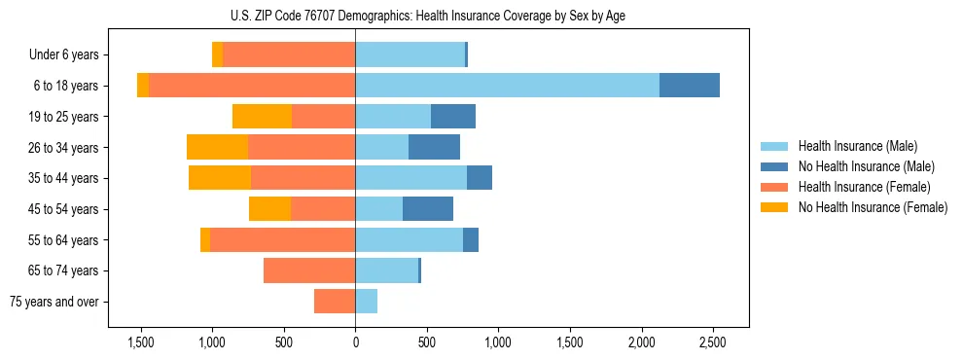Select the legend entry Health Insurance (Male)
[x=857, y=146]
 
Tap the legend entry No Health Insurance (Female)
[x=871, y=207]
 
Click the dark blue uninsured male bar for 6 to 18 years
[x=689, y=86]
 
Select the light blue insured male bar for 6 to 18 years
[x=507, y=86]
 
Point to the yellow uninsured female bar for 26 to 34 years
[x=217, y=147]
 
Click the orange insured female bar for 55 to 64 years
[x=282, y=239]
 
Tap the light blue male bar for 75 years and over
[x=366, y=302]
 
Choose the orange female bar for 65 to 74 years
[x=309, y=270]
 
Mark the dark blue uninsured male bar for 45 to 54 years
[x=428, y=208]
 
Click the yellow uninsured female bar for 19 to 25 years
[x=262, y=116]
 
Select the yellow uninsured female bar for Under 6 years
[x=217, y=54]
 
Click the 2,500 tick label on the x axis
[x=712, y=342]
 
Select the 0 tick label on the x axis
[x=355, y=342]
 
